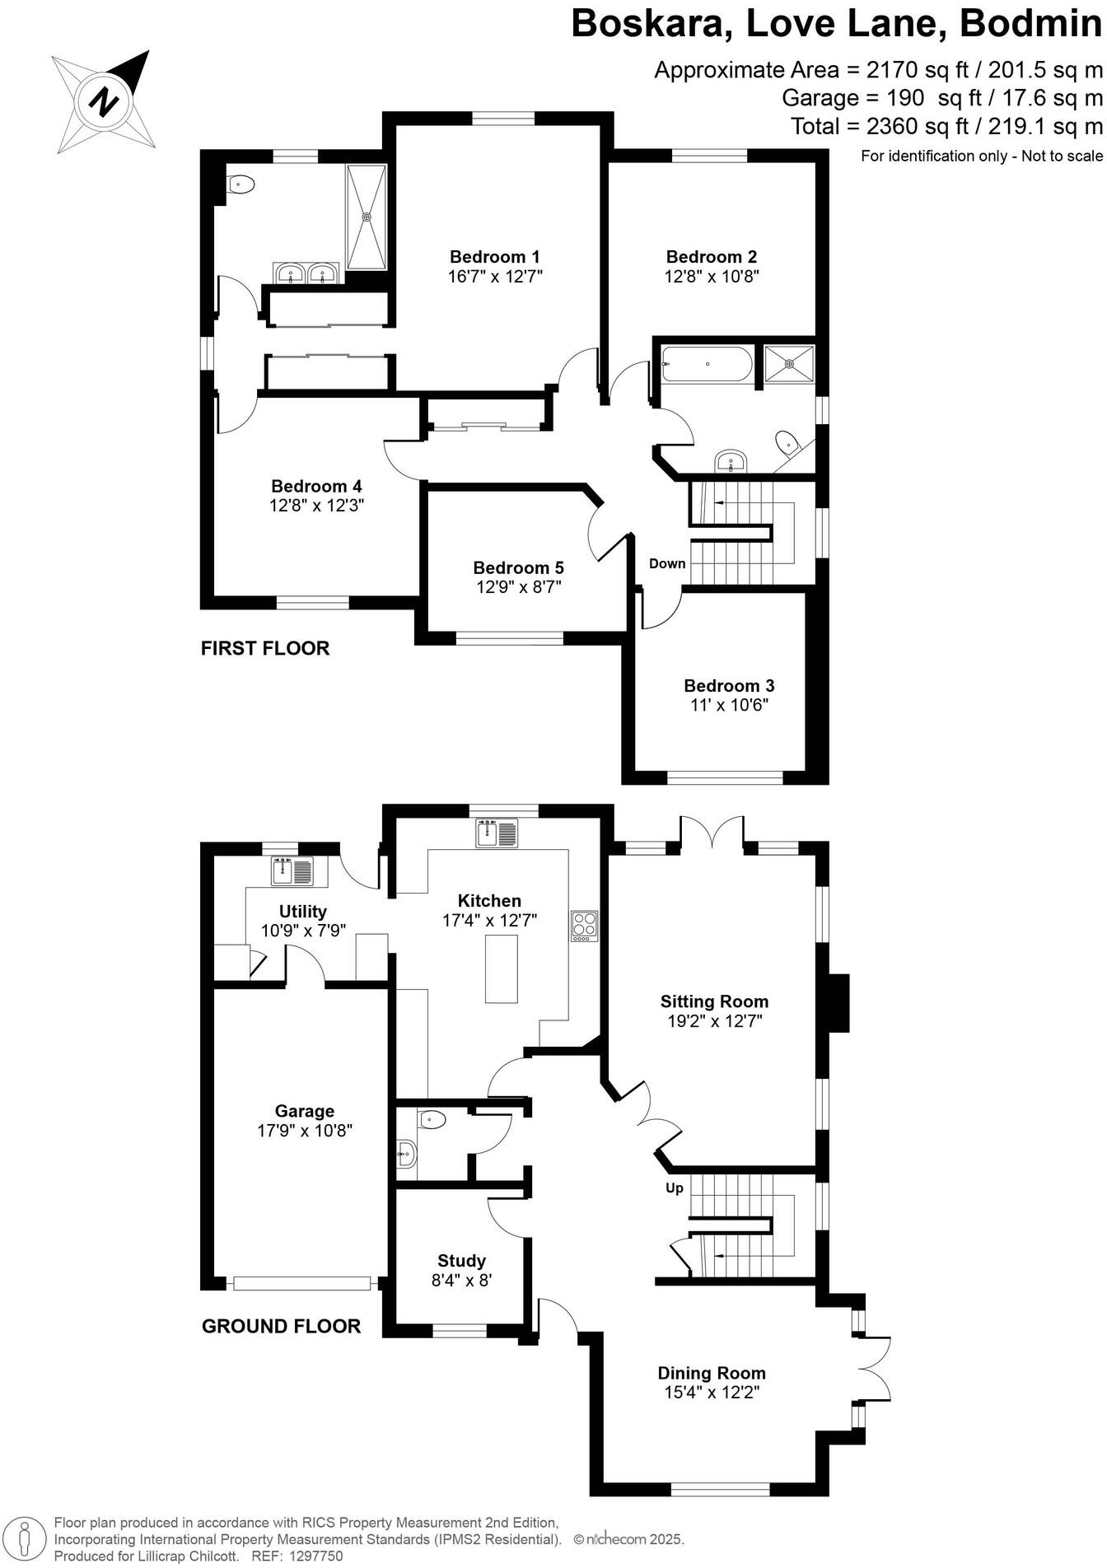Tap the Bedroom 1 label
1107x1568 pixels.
pos(494,257)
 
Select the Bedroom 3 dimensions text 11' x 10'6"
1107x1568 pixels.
pos(729,705)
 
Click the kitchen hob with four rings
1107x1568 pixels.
pos(584,926)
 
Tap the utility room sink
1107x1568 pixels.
pos(292,870)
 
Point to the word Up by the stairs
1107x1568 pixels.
pos(675,1188)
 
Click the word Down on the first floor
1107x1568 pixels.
pos(667,564)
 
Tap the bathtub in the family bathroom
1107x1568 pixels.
pos(707,363)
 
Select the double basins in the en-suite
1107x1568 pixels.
pos(306,273)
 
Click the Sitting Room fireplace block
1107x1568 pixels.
pos(838,1002)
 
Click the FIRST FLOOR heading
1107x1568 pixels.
pos(265,649)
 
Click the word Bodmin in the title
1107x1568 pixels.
pos(1030,24)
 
